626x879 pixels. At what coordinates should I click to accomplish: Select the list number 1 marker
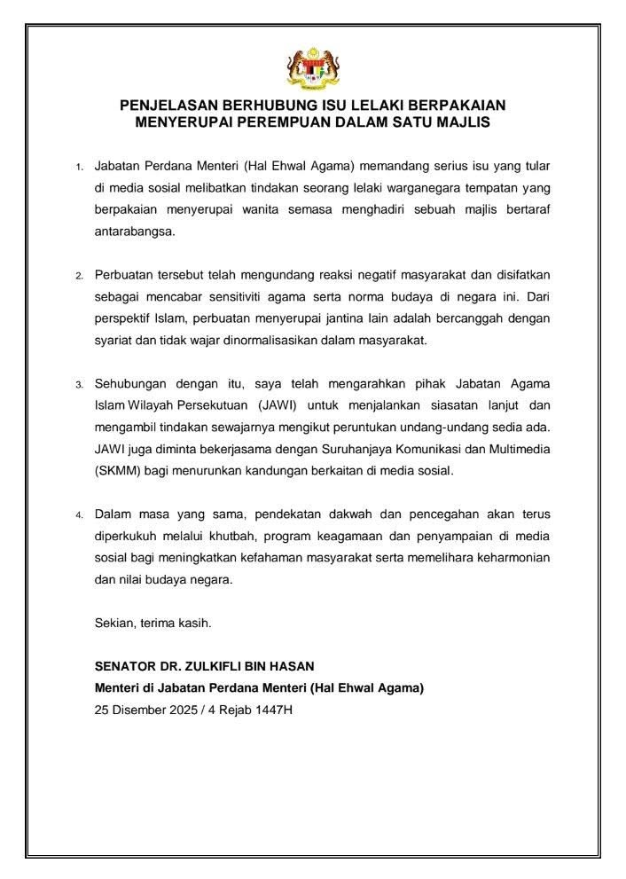(x=78, y=167)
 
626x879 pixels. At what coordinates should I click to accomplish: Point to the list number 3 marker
(x=78, y=385)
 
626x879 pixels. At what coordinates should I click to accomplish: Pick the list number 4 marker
(x=78, y=514)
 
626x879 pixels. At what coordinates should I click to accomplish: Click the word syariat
(x=115, y=340)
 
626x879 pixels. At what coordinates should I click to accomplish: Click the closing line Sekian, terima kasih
(x=153, y=622)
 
